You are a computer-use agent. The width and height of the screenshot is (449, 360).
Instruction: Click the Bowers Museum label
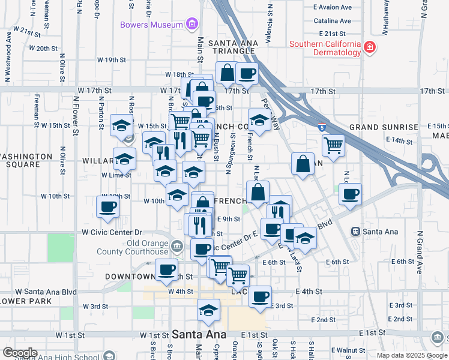[x=151, y=25]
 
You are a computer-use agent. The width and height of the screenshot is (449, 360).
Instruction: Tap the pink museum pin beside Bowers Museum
[x=191, y=25]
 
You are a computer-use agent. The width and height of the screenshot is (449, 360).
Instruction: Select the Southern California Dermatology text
[x=325, y=49]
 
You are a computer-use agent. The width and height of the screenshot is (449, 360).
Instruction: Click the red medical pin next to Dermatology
[x=370, y=46]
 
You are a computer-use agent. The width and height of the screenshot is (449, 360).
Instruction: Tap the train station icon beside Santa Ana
[x=355, y=231]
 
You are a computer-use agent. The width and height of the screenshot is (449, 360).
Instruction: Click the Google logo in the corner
[x=20, y=353]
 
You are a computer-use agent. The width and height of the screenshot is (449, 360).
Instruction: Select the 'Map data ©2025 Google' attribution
[x=411, y=355]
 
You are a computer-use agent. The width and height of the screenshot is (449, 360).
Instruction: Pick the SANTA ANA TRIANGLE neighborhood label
[x=233, y=47]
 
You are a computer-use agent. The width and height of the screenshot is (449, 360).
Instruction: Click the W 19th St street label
[x=112, y=60]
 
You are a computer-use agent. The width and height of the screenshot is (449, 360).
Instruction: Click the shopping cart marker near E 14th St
[x=333, y=144]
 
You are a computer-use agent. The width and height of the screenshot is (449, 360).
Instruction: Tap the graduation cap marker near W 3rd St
[x=208, y=310]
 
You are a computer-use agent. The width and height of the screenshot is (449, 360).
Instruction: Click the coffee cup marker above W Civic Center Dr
[x=108, y=207]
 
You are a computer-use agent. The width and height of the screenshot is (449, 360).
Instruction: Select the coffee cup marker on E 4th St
[x=260, y=296]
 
